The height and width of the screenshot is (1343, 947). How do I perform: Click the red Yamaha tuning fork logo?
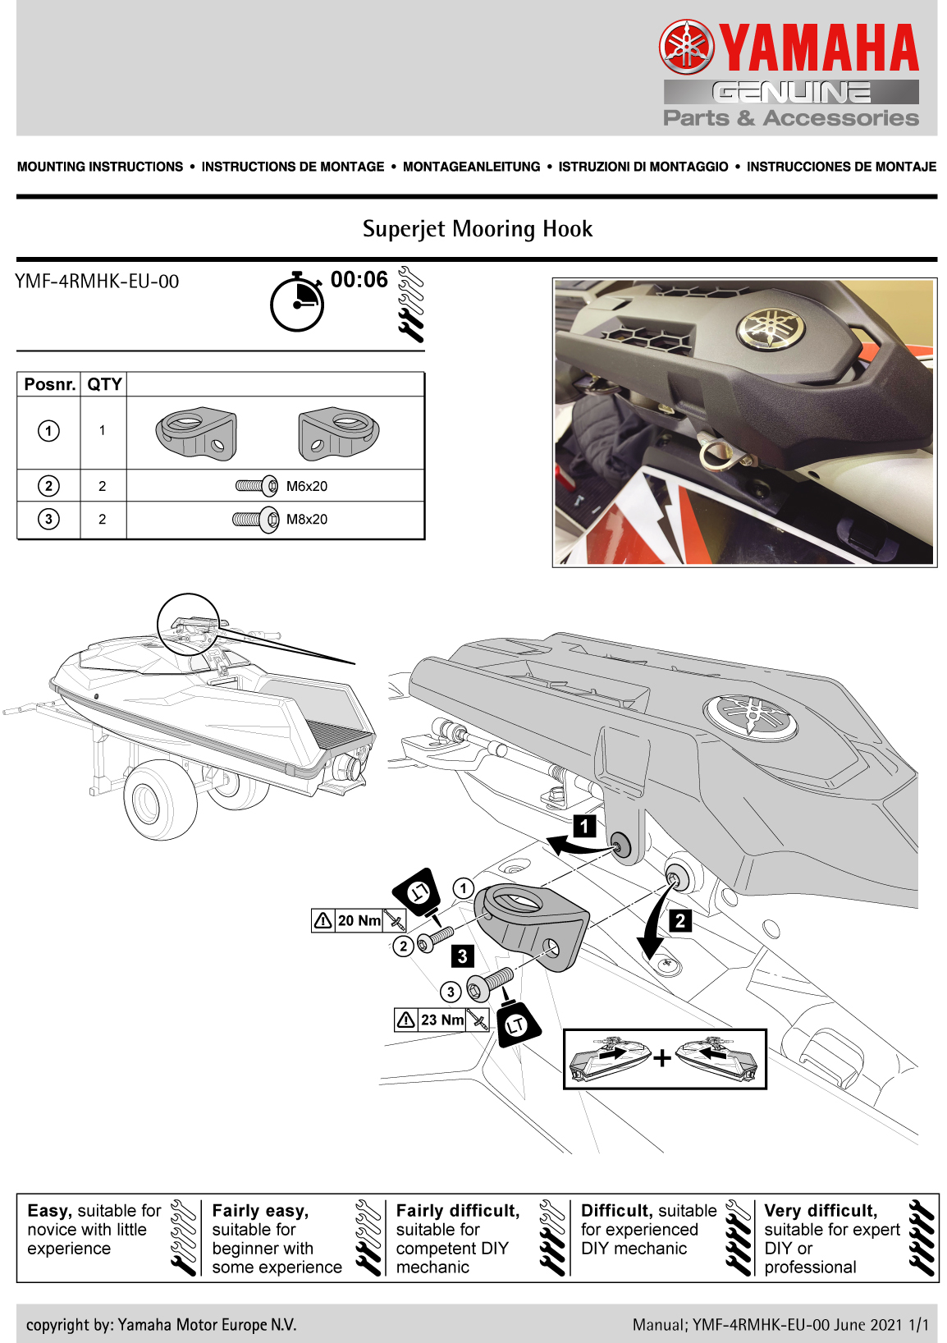(x=687, y=47)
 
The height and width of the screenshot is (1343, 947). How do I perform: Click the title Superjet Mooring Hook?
(x=478, y=229)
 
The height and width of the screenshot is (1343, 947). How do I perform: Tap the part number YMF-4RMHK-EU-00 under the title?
(x=97, y=282)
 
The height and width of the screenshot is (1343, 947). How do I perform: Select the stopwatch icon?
(x=297, y=302)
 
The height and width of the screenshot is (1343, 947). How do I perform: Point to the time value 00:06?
(x=359, y=280)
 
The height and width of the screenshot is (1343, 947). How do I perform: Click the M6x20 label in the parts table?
(x=306, y=486)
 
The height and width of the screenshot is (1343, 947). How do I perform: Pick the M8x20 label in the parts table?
(x=306, y=519)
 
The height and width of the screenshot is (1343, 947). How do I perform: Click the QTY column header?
(x=104, y=384)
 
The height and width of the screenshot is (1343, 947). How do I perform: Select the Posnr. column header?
(x=49, y=384)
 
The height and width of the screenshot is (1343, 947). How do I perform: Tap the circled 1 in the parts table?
(x=49, y=430)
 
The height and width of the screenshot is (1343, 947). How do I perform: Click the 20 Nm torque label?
(x=359, y=921)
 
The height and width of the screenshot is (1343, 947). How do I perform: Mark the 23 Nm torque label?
(x=441, y=1020)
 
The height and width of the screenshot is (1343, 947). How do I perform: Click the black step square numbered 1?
(x=584, y=826)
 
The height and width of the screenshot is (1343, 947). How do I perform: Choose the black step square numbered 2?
(x=680, y=921)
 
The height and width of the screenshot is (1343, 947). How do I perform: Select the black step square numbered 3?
(x=463, y=956)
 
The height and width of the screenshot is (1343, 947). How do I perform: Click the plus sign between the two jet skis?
(x=662, y=1057)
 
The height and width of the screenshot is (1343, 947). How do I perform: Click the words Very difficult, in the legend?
(x=820, y=1211)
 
